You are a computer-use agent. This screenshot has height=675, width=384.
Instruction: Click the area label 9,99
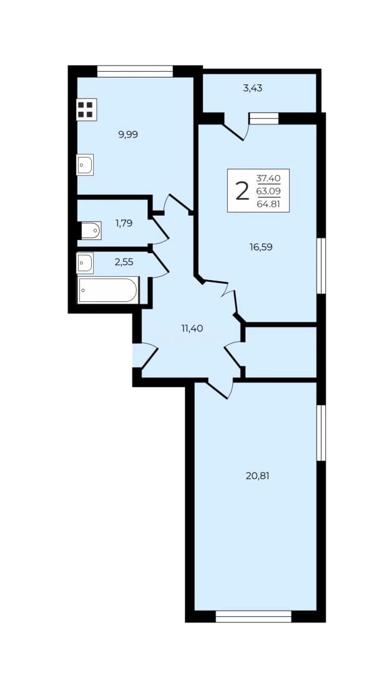[128, 134]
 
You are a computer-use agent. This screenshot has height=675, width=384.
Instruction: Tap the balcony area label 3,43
[252, 89]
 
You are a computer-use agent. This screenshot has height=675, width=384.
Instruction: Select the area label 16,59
[261, 247]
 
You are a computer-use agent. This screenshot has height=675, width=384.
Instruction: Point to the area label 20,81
[258, 476]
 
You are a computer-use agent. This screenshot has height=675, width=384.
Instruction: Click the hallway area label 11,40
[192, 329]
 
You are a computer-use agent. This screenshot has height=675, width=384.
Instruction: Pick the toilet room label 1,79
[124, 223]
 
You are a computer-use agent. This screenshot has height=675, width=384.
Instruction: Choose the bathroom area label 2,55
[124, 261]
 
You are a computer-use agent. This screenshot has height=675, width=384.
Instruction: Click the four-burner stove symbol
[86, 109]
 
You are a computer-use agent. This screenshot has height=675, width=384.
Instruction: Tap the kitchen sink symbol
[85, 164]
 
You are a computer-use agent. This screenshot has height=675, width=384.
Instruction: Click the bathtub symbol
[108, 290]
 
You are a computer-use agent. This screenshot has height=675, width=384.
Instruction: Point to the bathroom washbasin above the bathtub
[85, 263]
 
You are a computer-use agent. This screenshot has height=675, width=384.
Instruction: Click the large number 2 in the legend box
[242, 191]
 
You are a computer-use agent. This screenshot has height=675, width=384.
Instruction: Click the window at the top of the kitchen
[135, 71]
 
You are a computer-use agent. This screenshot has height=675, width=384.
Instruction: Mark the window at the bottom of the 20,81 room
[254, 616]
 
